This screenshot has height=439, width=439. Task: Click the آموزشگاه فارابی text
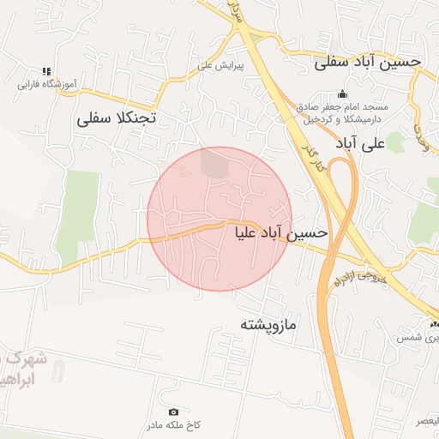tap(47, 85)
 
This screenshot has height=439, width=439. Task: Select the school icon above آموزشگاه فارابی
tap(46, 72)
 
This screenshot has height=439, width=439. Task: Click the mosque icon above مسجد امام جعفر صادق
tap(343, 94)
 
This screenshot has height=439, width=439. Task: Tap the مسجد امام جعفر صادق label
tap(344, 107)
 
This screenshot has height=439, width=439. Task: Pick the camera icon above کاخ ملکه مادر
tap(174, 412)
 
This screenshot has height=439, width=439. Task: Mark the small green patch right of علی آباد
tap(395, 142)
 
